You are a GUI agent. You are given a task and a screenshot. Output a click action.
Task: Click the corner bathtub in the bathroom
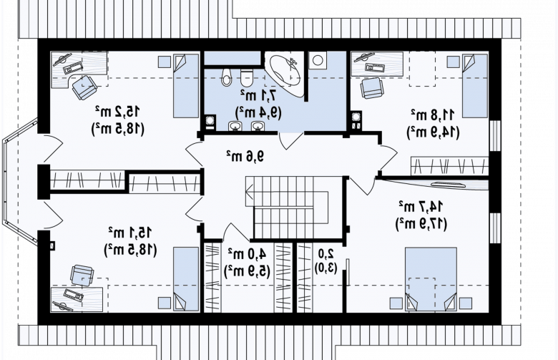click(x=285, y=73)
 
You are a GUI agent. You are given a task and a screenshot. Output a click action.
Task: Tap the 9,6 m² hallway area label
click(x=245, y=156)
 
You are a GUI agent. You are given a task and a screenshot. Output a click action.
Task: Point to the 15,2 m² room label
click(x=118, y=112)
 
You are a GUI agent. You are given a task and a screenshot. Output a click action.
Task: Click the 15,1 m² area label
click(x=130, y=233)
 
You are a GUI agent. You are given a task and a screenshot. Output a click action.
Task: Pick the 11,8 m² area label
click(x=434, y=115)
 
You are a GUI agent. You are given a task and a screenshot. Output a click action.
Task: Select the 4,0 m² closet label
click(x=247, y=254)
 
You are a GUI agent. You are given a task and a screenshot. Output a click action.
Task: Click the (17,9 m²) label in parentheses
click(x=421, y=223)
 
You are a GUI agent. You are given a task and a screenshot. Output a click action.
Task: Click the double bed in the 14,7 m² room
click(x=431, y=280)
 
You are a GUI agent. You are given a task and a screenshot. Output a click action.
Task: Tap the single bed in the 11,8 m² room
click(x=475, y=86)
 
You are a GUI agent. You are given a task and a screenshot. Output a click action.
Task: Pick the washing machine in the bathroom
click(x=318, y=60)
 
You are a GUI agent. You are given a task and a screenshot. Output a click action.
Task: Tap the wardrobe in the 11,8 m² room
click(x=450, y=166)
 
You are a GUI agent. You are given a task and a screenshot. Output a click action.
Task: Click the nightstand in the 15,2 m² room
click(x=164, y=62)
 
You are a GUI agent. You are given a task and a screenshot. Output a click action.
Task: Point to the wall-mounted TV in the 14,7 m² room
click(x=448, y=185)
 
